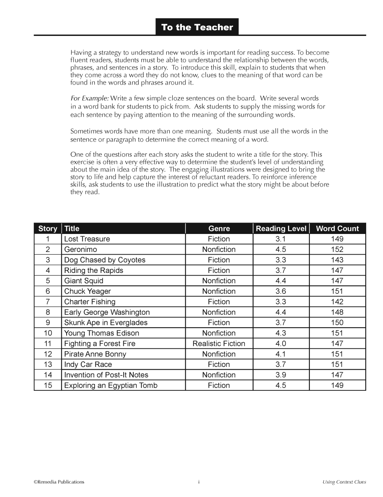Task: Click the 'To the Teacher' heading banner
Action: (x=197, y=27)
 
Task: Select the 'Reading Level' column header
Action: (x=281, y=229)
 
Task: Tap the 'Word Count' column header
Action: (x=337, y=229)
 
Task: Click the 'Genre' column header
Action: (x=219, y=229)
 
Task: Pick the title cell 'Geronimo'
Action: (x=80, y=250)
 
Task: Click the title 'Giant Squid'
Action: (x=83, y=281)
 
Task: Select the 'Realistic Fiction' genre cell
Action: (x=219, y=344)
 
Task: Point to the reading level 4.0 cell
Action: (x=281, y=344)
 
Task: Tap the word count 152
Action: (x=337, y=250)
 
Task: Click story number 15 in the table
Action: (x=48, y=385)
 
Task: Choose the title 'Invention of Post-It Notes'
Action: (x=106, y=375)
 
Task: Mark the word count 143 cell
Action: (x=337, y=260)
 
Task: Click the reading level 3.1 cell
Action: (x=281, y=239)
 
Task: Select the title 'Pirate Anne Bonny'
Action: (x=95, y=354)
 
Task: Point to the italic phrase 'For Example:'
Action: (x=90, y=99)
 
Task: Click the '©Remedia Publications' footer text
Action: (x=59, y=482)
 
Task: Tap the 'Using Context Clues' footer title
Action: (x=344, y=482)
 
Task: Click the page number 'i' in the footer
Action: (x=199, y=482)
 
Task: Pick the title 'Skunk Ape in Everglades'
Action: (x=106, y=323)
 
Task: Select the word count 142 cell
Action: (x=337, y=302)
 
